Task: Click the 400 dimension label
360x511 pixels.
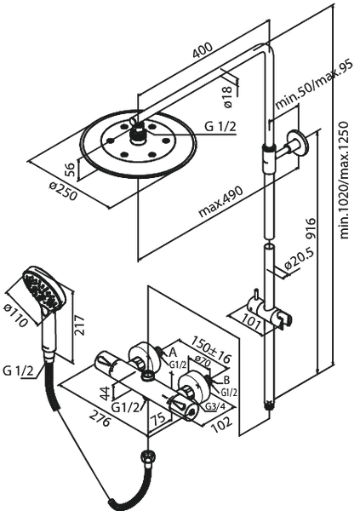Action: (203, 50)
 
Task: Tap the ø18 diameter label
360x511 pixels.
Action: (227, 96)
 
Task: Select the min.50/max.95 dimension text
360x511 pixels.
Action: (314, 85)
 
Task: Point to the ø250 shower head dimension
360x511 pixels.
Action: (64, 191)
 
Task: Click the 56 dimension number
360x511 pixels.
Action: (70, 169)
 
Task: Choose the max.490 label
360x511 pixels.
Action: (221, 202)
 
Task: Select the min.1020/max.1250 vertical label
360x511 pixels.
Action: (344, 181)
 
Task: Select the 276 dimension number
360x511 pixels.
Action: (100, 418)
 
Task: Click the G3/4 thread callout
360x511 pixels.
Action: (215, 407)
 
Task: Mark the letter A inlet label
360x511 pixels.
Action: (173, 352)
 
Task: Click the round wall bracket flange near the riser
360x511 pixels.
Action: (297, 143)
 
